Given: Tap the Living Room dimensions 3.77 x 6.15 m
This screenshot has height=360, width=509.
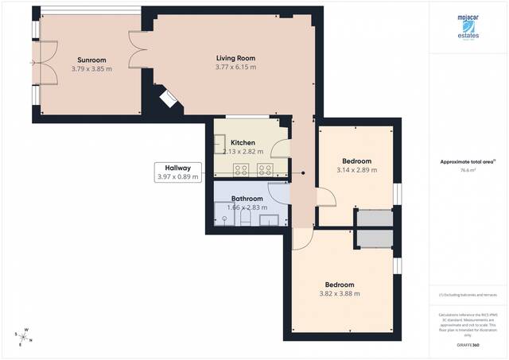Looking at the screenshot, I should (x=235, y=68).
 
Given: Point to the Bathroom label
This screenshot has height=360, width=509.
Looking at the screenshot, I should (x=247, y=198).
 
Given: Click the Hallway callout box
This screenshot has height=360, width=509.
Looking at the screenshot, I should (x=177, y=172).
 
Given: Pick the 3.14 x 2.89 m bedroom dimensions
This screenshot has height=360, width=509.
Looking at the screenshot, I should (x=354, y=170).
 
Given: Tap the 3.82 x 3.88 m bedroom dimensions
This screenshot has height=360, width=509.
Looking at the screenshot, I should (x=339, y=293).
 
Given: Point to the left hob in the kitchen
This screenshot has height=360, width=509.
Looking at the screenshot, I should (x=242, y=168).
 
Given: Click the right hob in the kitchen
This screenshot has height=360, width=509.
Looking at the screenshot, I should (x=265, y=168).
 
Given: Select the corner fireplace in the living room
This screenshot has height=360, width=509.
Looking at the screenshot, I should (x=170, y=99).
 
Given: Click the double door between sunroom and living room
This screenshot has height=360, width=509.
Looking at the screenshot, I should (x=138, y=49).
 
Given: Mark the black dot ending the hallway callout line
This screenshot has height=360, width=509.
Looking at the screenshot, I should (x=303, y=172).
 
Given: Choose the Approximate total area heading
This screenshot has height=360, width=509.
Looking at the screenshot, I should (x=467, y=161).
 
